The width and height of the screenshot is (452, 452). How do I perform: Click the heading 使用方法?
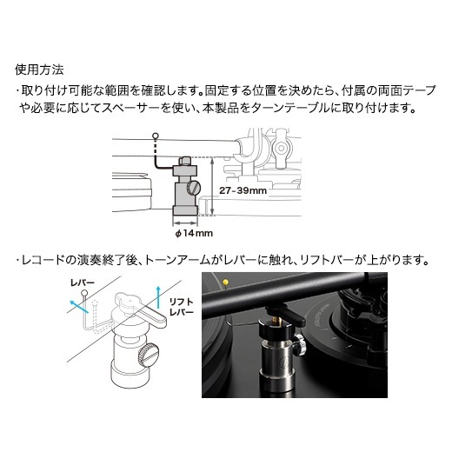tap(39, 70)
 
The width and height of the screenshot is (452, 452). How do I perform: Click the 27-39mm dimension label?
tap(243, 190)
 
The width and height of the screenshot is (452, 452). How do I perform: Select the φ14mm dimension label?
tap(194, 233)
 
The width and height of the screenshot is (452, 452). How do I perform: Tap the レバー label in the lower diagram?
tap(83, 282)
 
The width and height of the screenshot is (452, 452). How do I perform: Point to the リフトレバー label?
tap(181, 307)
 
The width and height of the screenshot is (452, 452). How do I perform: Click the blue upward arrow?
tap(158, 297)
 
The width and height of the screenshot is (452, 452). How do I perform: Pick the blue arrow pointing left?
tap(79, 307)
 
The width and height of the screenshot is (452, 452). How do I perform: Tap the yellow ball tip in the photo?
tap(225, 282)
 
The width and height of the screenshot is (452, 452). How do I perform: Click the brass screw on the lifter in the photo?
tap(273, 319)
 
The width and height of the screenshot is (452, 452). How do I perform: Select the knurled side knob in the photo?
tap(301, 343)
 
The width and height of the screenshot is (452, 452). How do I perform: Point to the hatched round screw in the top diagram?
tap(193, 188)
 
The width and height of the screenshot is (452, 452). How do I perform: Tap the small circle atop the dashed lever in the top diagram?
tap(156, 136)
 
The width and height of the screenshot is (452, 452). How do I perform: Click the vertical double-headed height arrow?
tap(213, 187)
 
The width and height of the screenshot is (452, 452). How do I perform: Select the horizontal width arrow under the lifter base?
tap(185, 223)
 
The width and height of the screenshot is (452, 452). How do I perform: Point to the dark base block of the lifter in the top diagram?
tap(185, 210)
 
